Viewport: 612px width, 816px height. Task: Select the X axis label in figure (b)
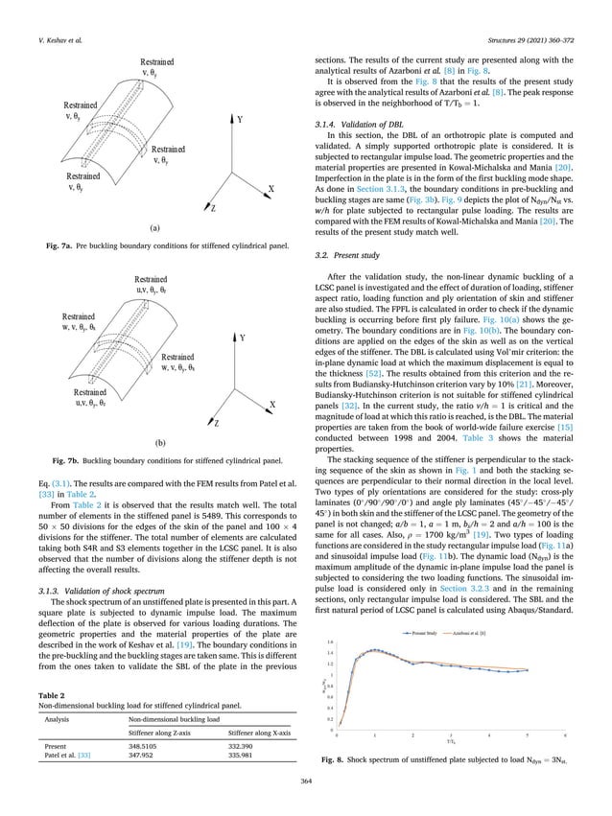273,406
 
